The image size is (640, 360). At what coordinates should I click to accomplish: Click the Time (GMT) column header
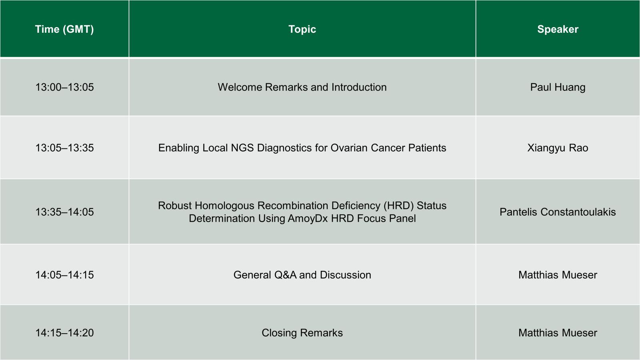coord(64,29)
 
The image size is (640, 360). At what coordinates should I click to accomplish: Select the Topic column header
coord(302,29)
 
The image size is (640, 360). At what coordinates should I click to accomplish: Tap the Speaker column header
coord(558,29)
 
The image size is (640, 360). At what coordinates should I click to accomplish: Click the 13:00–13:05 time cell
coord(64,87)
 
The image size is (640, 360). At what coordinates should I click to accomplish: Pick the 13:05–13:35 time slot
coord(64,148)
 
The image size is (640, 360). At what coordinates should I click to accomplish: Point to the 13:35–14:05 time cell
coord(64,212)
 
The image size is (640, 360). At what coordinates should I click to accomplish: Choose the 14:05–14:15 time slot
coord(64,275)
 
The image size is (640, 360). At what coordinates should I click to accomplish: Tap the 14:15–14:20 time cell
coord(64,333)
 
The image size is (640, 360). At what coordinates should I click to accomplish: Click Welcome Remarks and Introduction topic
coord(302,87)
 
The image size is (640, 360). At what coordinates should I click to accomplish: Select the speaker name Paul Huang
coord(558,87)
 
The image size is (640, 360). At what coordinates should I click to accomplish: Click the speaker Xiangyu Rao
coord(558,148)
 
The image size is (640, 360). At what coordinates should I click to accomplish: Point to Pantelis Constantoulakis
coord(558,212)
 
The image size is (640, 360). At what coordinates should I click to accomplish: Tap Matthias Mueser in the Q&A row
coord(558,275)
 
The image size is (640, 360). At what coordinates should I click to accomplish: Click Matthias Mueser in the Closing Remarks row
coord(558,333)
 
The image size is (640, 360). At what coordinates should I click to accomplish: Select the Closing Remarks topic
coord(302,333)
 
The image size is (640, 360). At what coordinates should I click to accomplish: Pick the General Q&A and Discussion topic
coord(302,275)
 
